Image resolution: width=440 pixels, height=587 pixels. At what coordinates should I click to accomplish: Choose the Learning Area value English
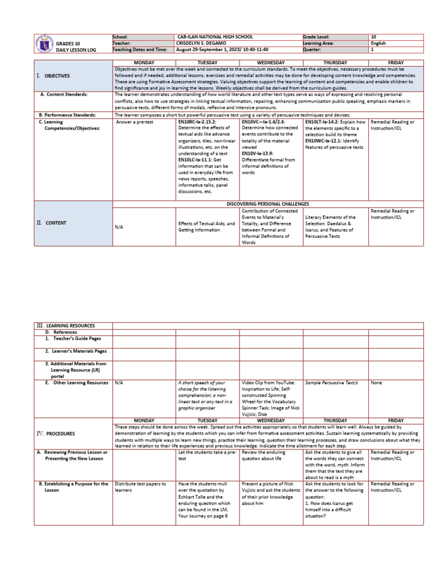378,43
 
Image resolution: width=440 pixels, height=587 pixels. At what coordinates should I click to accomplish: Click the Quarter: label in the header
313,50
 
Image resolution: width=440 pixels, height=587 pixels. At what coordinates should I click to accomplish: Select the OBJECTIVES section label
56,76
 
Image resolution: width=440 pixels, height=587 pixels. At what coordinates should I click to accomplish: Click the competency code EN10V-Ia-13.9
257,153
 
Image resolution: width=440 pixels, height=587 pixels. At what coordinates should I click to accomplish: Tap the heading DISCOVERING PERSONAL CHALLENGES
268,204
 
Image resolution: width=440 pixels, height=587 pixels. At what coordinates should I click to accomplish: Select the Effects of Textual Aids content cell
207,227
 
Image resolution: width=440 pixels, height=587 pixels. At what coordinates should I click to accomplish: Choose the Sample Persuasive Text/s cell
328,382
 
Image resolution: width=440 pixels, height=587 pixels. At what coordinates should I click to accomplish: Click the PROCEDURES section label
63,434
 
